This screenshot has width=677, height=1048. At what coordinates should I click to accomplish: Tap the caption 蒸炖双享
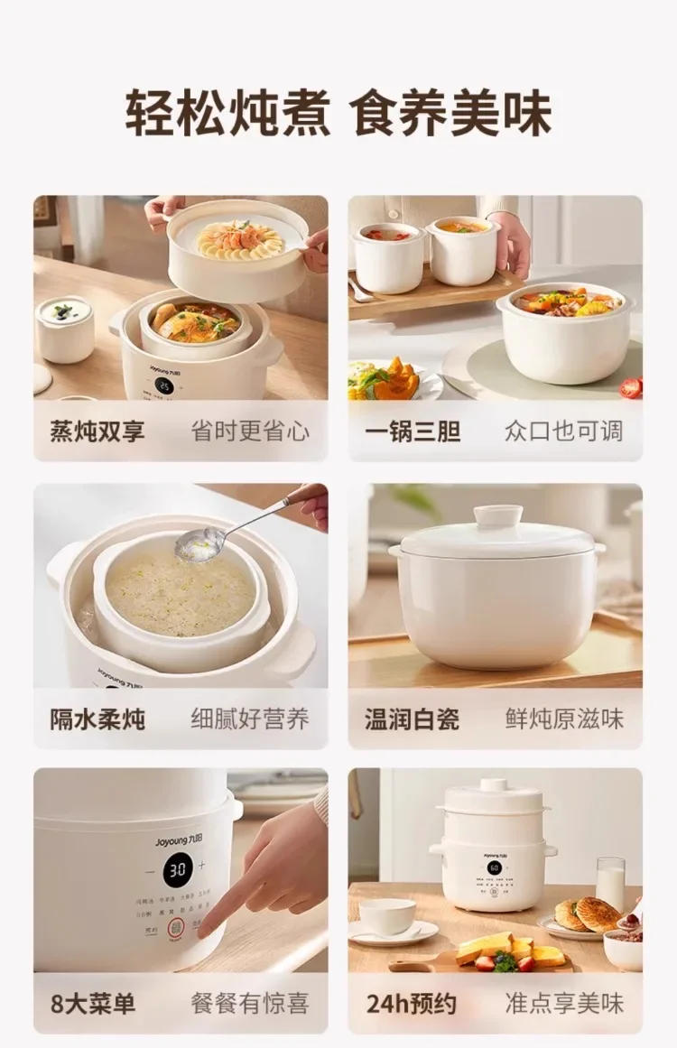97,431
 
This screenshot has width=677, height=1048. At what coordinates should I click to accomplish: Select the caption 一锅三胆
413,431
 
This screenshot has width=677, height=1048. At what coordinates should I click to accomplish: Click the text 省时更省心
250,431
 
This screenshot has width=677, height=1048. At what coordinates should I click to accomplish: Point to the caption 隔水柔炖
97,719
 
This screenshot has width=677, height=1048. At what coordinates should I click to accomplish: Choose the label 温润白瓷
413,719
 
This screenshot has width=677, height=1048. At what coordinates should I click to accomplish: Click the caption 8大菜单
93,1003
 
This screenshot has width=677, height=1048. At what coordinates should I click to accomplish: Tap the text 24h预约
412,1003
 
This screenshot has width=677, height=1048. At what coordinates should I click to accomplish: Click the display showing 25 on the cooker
163,385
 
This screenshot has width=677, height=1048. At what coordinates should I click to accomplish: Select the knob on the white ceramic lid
498,515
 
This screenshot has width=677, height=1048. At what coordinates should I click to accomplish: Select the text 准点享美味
564,1003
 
